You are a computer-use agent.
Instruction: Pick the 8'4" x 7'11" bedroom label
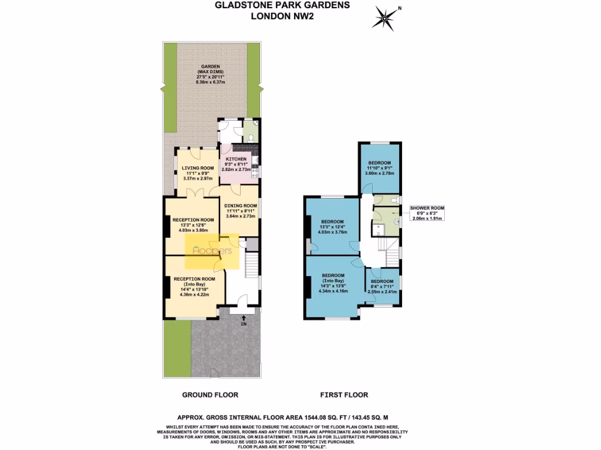click(382, 286)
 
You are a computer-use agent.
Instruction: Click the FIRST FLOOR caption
click(344, 395)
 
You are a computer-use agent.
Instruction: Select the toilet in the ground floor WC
click(251, 137)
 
